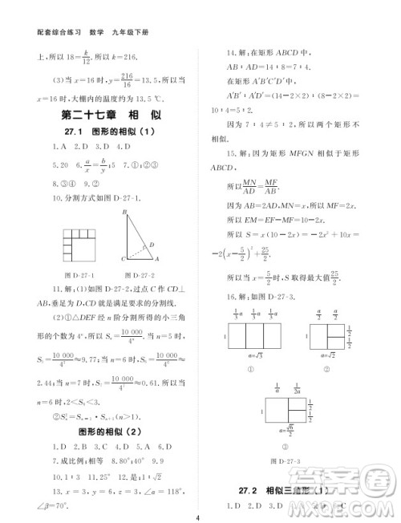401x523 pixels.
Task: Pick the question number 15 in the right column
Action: click(232, 152)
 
